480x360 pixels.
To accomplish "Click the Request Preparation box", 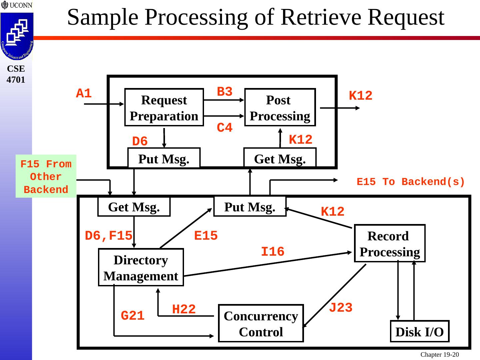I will (x=164, y=107).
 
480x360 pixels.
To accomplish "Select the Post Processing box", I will (x=280, y=107).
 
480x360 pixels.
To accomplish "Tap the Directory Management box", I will (x=141, y=267).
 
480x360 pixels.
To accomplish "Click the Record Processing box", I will (x=390, y=243).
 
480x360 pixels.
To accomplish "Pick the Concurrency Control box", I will (x=261, y=323).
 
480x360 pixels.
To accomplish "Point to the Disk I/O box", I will (x=420, y=332).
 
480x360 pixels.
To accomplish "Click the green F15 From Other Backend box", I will (x=46, y=176).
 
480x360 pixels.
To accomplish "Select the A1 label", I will (x=84, y=94).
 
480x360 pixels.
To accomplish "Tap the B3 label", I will (x=225, y=92).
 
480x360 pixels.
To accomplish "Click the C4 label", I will (x=225, y=128).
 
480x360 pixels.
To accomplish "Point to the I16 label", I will (x=273, y=252).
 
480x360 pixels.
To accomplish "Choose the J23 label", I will (x=341, y=308).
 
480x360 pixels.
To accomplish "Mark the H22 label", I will (x=184, y=309).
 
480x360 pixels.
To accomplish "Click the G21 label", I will (x=133, y=316).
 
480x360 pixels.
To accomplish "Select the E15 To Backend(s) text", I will (x=411, y=182).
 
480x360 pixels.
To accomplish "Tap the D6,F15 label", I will (x=109, y=236).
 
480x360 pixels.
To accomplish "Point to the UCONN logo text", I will (x=20, y=5).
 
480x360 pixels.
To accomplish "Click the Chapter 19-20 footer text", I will (x=439, y=355).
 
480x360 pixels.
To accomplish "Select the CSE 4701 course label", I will (x=16, y=74).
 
